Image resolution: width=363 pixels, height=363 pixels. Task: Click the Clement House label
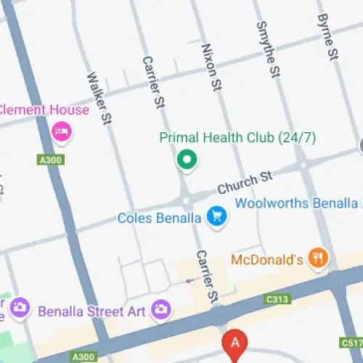coord(44,110)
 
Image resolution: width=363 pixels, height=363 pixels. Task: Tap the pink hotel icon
coord(62,131)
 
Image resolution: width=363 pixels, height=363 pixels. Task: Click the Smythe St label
coord(268,49)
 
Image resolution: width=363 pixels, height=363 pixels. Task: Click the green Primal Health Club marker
coord(187,159)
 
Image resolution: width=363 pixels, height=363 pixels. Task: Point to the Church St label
coord(245,182)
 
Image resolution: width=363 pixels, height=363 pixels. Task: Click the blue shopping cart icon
coord(216,216)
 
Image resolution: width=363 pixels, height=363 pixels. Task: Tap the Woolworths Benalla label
coord(296,203)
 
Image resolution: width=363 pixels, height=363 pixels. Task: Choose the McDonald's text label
coord(266,259)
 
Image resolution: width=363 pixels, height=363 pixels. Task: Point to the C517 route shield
coord(351,342)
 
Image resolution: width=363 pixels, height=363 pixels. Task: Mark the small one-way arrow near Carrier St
coord(190,280)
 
